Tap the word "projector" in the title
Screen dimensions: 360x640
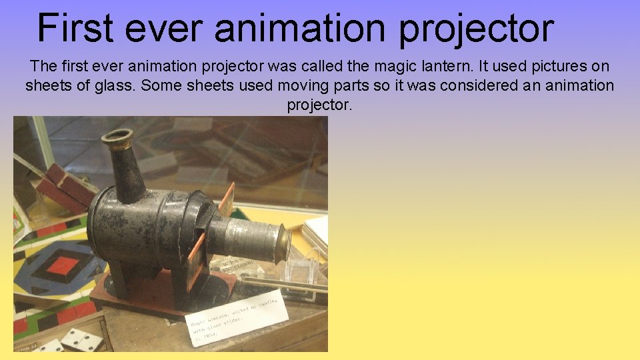click(477, 29)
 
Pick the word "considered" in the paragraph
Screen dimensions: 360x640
click(475, 85)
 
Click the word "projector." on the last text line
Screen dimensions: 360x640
click(319, 105)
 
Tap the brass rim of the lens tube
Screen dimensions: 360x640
click(283, 242)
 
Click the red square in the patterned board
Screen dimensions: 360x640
click(64, 266)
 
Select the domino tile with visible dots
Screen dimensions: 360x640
click(81, 339)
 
